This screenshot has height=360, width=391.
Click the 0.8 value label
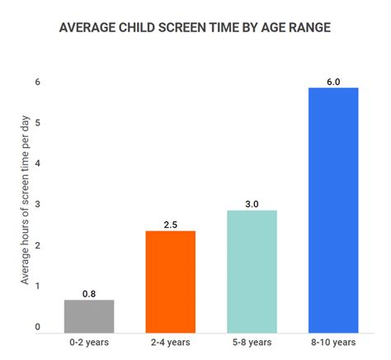[89, 293]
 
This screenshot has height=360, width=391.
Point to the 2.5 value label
[171, 224]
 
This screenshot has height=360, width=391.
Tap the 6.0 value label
[332, 81]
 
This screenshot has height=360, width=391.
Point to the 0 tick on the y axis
[37, 327]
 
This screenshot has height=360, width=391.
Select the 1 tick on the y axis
[37, 287]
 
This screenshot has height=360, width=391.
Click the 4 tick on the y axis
[37, 163]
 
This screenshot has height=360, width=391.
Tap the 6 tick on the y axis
[37, 82]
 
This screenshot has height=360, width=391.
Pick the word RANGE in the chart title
[307, 27]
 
